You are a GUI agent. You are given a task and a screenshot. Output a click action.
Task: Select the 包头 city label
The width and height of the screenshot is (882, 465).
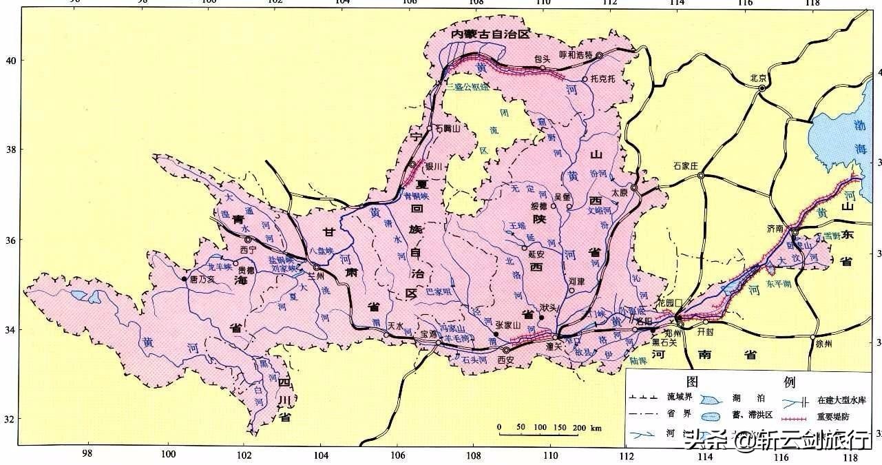543,59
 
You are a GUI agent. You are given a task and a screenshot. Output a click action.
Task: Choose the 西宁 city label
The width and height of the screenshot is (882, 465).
248,249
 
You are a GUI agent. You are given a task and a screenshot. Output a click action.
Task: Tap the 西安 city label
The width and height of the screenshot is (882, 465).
506,360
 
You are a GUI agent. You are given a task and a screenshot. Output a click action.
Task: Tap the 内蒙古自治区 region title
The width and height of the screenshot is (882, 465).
490,34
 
